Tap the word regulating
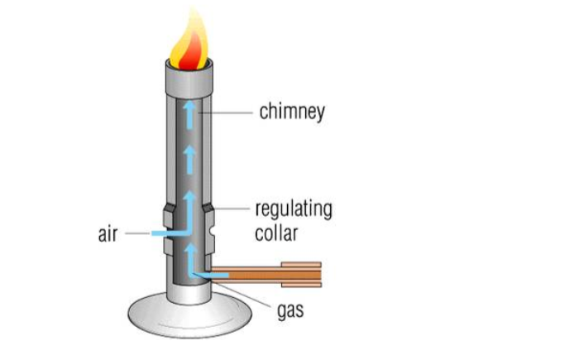click(293, 209)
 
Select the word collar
click(275, 233)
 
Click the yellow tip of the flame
click(192, 21)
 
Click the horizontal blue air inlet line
click(170, 234)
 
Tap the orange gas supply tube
click(248, 274)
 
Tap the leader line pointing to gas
click(248, 296)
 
